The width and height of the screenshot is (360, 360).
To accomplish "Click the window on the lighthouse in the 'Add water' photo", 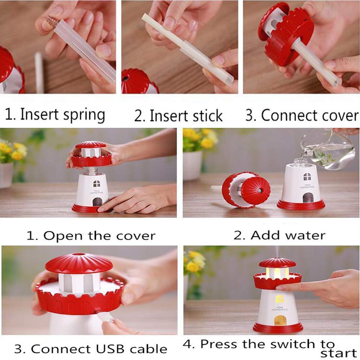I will (307, 176).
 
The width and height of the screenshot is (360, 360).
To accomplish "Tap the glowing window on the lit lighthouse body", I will (279, 298).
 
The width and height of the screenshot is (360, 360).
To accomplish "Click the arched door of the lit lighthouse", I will (280, 320).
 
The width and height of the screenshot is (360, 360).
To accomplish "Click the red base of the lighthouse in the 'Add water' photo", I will (301, 205).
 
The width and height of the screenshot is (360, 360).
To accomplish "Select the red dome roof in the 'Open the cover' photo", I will (90, 144).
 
